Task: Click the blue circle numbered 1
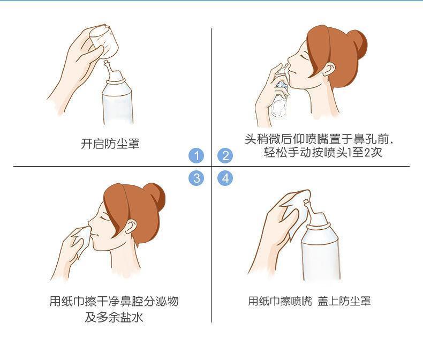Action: pyautogui.click(x=196, y=155)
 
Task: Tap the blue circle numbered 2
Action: pyautogui.click(x=225, y=155)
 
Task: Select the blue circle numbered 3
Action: pyautogui.click(x=196, y=178)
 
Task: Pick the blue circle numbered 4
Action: pyautogui.click(x=225, y=178)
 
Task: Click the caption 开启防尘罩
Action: pyautogui.click(x=110, y=144)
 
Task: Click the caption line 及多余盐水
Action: pyautogui.click(x=114, y=317)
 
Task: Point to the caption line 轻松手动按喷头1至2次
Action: pyautogui.click(x=323, y=153)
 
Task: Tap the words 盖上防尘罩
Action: pyautogui.click(x=344, y=301)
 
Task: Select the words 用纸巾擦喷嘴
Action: pyautogui.click(x=280, y=301)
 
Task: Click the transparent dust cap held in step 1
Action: pyautogui.click(x=103, y=41)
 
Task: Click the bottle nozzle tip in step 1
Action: pyautogui.click(x=107, y=62)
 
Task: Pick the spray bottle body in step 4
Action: pyautogui.click(x=320, y=251)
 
